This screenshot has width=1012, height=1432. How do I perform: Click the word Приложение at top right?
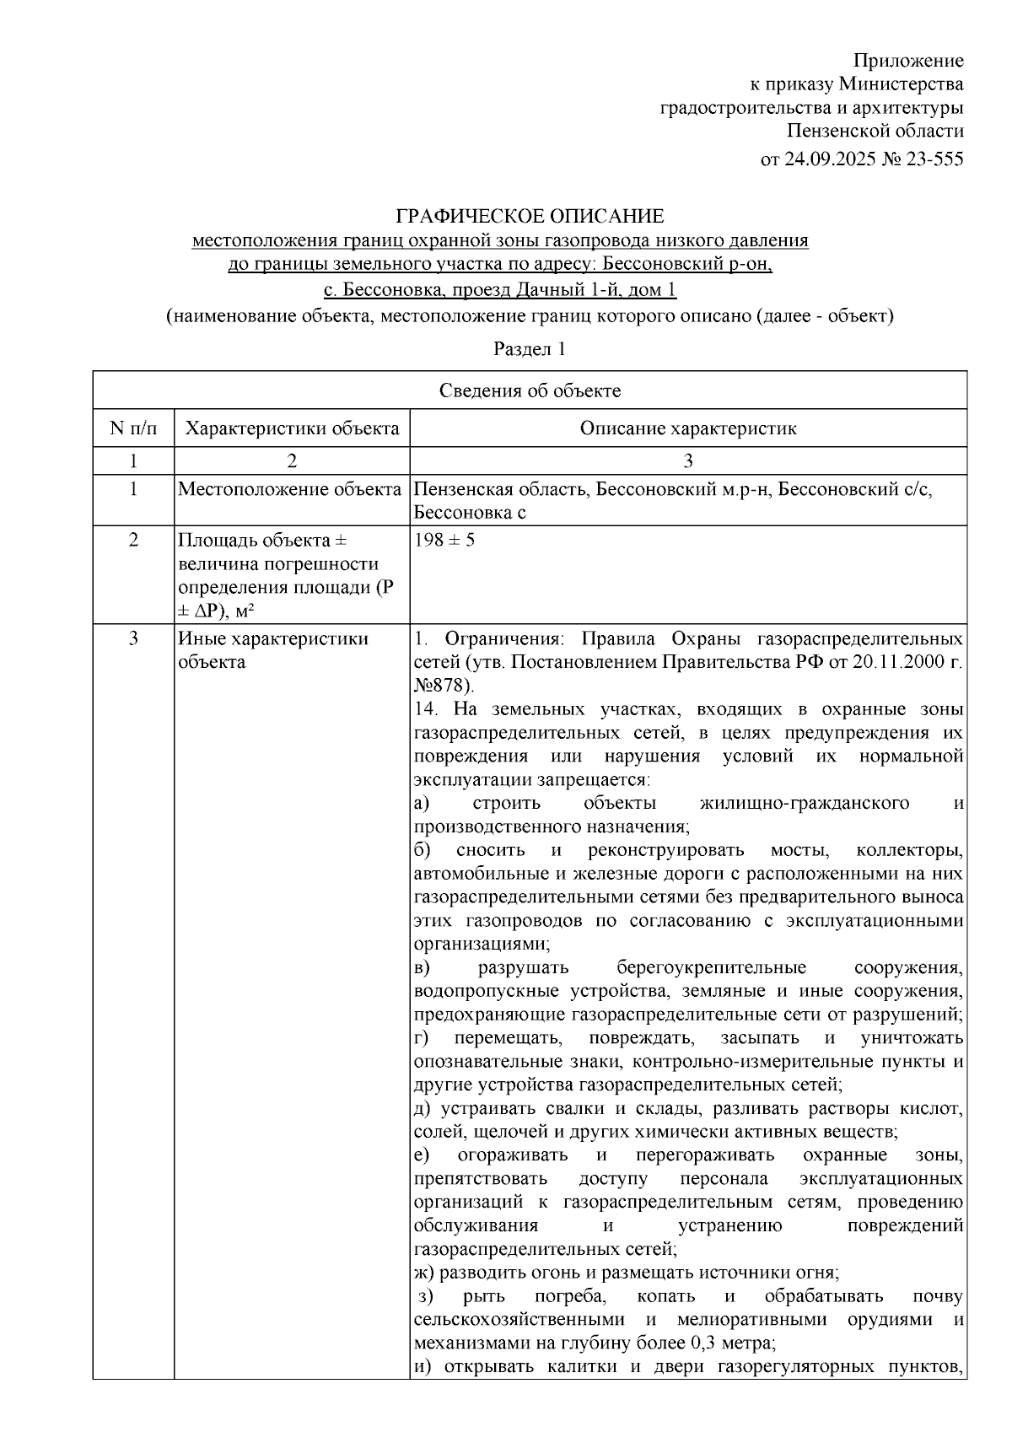coord(908,61)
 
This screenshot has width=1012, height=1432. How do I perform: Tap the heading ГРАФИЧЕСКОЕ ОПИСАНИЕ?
coord(530,216)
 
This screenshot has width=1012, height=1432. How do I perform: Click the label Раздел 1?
coord(529,348)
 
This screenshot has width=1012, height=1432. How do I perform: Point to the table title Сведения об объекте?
coord(530,390)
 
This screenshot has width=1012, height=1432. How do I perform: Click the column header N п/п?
coord(133,428)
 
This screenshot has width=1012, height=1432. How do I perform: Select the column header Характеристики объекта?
coord(292,428)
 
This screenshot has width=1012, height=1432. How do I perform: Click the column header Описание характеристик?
coord(687,428)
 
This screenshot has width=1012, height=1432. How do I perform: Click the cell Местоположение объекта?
coord(290,490)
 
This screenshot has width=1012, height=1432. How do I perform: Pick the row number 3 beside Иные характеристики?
coord(133,638)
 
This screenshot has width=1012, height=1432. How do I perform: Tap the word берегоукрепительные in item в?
coord(711,967)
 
